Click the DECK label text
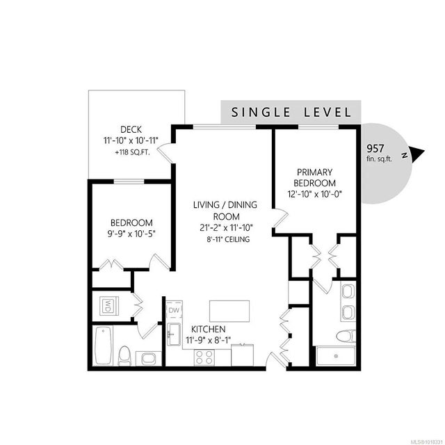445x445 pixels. [131, 129]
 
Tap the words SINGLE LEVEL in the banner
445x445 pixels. [291, 111]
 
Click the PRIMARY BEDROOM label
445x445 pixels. [315, 177]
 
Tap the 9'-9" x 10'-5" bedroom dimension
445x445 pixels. [130, 234]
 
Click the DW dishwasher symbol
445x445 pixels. [173, 310]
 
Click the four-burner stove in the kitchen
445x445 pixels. [204, 357]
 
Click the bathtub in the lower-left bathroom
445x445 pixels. [104, 346]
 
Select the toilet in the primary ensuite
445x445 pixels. [346, 337]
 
